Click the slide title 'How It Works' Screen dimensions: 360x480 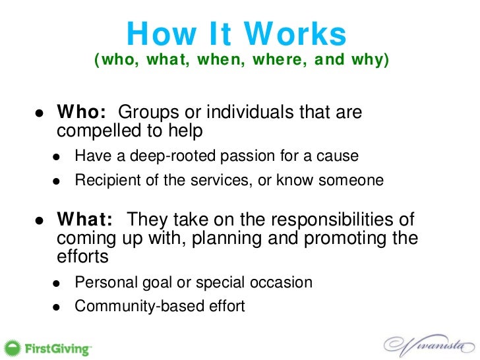click(x=236, y=34)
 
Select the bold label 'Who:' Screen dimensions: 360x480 click(x=82, y=113)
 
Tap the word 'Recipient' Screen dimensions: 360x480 click(x=105, y=179)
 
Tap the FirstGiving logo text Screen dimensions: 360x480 click(x=59, y=347)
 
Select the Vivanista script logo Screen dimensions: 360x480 click(x=425, y=344)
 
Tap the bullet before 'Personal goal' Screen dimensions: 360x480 click(x=57, y=284)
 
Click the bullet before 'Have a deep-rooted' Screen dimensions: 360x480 click(x=57, y=158)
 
